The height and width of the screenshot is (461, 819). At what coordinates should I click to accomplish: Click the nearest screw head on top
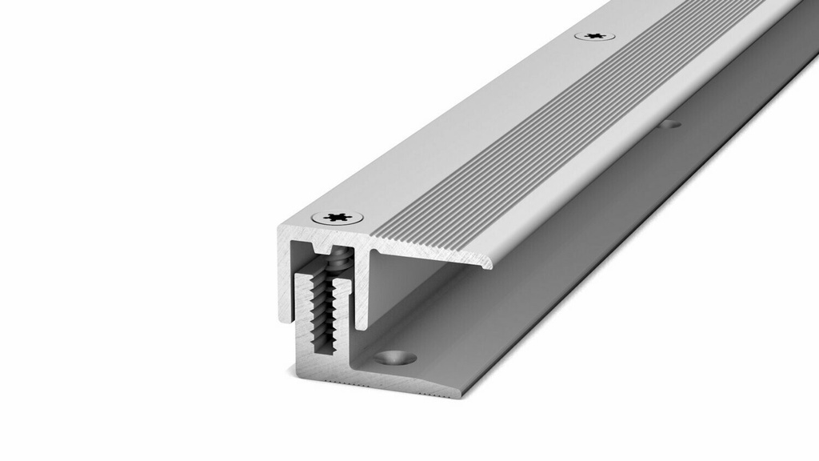(x=338, y=217)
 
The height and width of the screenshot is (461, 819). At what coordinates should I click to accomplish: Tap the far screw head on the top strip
(x=594, y=36)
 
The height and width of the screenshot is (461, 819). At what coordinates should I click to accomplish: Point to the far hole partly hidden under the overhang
(x=670, y=124)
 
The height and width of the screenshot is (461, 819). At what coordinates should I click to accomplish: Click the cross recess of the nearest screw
(x=338, y=217)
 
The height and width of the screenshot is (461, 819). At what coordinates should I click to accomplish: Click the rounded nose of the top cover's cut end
(x=486, y=262)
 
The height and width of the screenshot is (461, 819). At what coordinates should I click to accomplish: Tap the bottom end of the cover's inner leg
(x=362, y=324)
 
